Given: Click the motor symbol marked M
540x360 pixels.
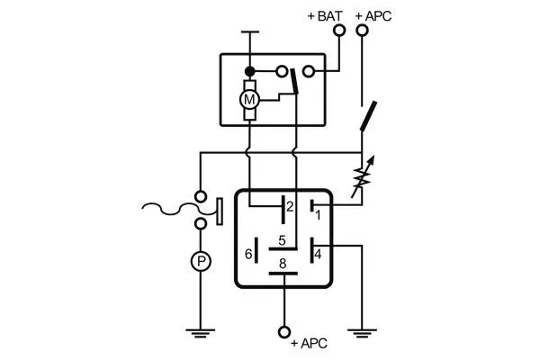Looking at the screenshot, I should click(249, 96).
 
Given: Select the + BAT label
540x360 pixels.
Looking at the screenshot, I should click(323, 15).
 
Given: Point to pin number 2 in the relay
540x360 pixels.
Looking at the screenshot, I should click(289, 207).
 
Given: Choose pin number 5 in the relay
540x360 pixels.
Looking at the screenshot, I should click(282, 240).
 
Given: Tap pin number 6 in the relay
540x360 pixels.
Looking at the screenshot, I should click(248, 254).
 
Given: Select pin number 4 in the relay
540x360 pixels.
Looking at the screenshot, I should click(318, 254).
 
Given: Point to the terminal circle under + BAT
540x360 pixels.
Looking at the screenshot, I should click(339, 30).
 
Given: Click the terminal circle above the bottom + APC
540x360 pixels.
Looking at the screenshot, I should click(284, 330).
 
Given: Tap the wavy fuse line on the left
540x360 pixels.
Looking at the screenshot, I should click(166, 211).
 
